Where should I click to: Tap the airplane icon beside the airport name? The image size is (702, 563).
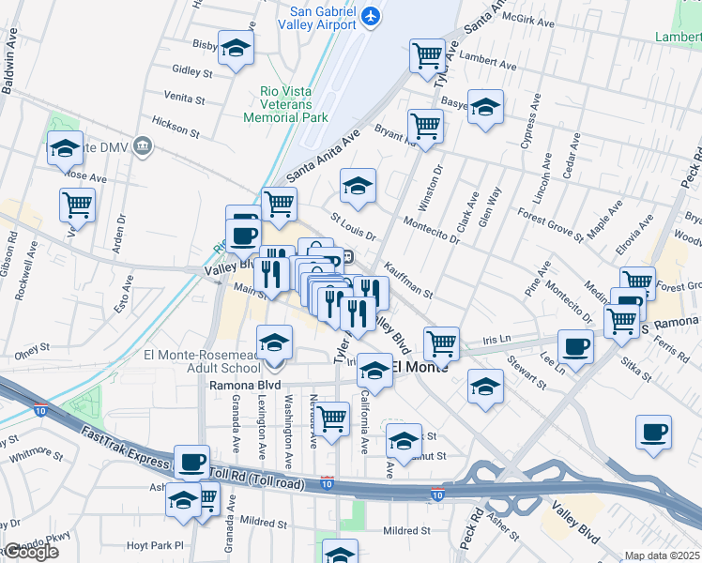(x=372, y=16)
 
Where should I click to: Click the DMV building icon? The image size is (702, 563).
(x=143, y=145)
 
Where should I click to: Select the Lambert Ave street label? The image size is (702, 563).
(x=494, y=66)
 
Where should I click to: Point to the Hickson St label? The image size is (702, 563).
(x=175, y=127)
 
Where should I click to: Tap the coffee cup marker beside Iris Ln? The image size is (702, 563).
(x=574, y=345)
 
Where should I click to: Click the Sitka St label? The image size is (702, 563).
(x=635, y=369)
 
